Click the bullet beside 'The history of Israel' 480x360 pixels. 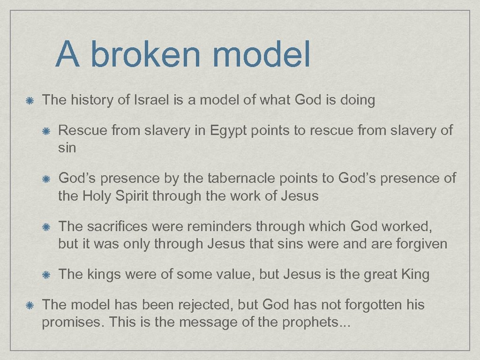pyautogui.click(x=29, y=100)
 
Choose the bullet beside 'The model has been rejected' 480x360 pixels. pyautogui.click(x=29, y=305)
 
